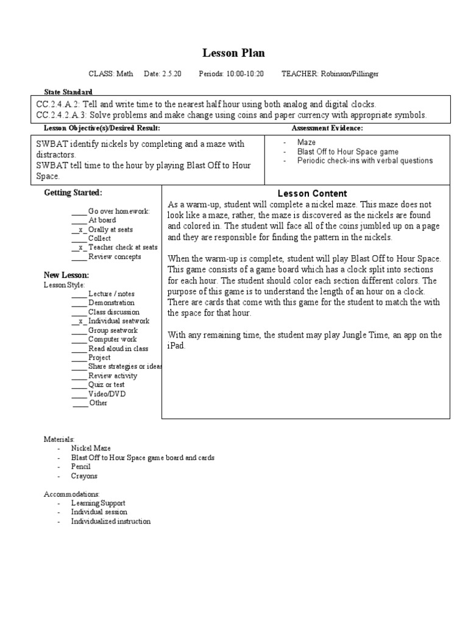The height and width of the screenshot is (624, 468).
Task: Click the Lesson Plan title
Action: click(x=233, y=53)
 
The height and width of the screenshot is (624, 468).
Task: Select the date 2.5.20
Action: click(x=171, y=74)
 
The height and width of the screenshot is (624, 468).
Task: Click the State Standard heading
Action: click(x=68, y=91)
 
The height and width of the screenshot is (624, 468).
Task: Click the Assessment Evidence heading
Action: click(x=327, y=128)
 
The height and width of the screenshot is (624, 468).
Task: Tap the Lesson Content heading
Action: click(x=312, y=194)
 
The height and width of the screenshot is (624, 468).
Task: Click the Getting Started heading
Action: click(x=73, y=193)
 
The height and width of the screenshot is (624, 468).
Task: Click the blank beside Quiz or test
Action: click(x=79, y=385)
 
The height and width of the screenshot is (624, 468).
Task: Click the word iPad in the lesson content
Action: click(x=175, y=346)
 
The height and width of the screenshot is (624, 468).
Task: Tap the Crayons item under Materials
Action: click(x=84, y=476)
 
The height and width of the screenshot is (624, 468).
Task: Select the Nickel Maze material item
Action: click(x=91, y=448)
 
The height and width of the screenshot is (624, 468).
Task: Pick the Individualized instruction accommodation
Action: click(x=110, y=522)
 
